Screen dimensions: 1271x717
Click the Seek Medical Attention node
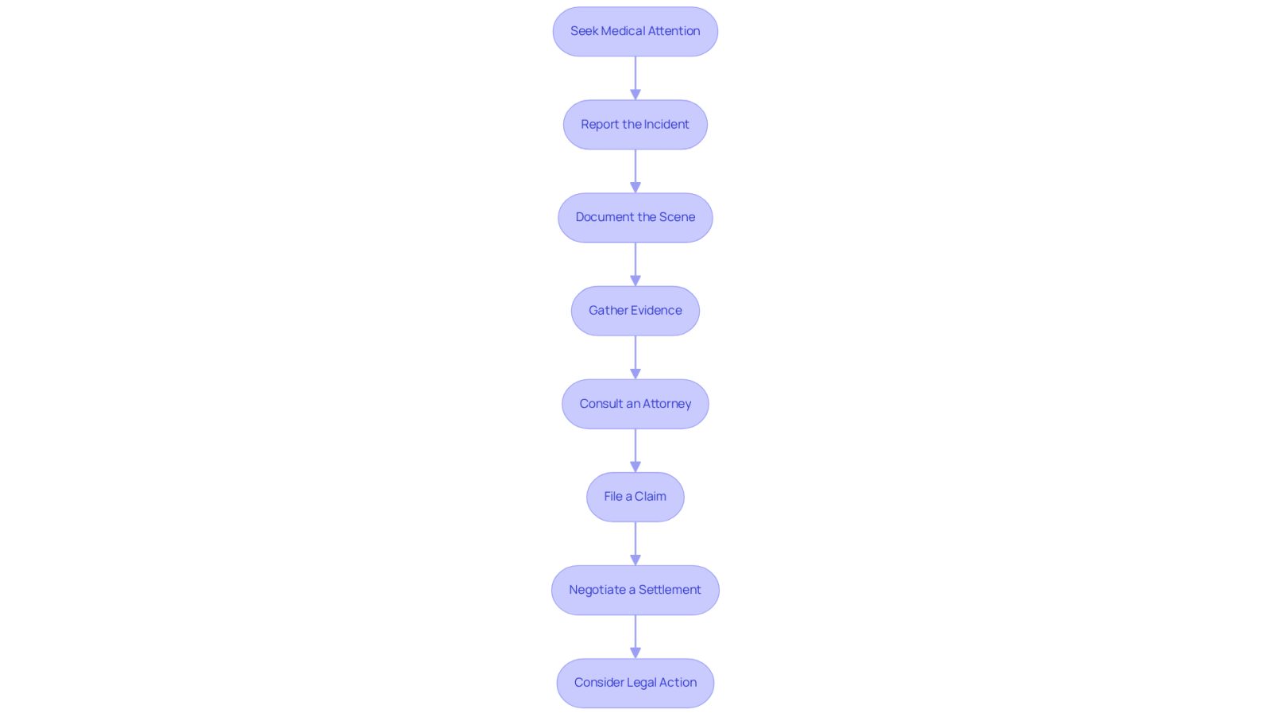point(635,31)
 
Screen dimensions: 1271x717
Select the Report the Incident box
point(635,124)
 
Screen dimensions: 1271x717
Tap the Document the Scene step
point(635,218)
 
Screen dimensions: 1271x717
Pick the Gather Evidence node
point(635,311)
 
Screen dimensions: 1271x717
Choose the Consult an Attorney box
point(635,404)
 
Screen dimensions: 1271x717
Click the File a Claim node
point(635,497)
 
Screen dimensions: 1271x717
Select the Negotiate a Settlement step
point(635,590)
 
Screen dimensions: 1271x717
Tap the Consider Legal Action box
point(635,683)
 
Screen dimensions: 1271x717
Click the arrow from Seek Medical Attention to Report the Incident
point(635,79)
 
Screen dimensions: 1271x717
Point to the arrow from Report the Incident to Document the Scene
point(635,172)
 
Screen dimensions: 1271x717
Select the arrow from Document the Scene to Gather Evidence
point(635,265)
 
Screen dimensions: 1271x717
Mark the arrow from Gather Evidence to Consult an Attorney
point(635,358)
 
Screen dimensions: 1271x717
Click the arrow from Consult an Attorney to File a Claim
point(635,451)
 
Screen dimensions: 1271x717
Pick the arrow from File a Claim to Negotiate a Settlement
point(635,544)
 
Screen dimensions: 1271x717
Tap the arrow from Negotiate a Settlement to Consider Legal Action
point(635,637)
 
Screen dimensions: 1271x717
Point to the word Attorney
point(667,404)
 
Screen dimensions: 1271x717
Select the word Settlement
point(670,589)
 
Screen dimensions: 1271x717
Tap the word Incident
point(666,124)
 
